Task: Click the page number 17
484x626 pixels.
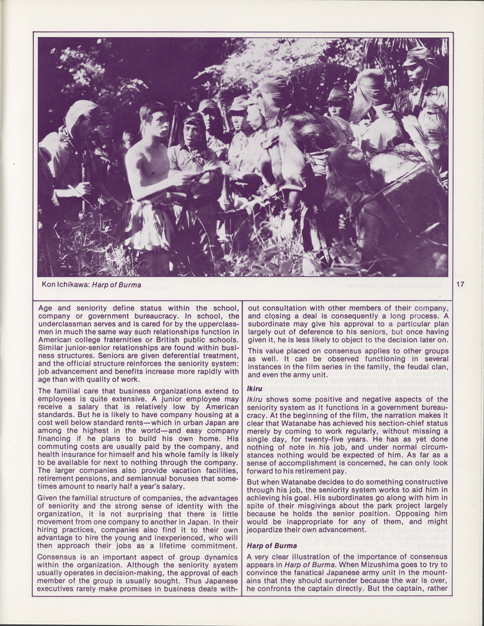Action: point(460,284)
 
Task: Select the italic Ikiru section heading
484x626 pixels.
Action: point(254,388)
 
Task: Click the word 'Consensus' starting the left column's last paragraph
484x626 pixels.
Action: point(58,557)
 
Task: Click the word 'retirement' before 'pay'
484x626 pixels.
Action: point(317,471)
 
